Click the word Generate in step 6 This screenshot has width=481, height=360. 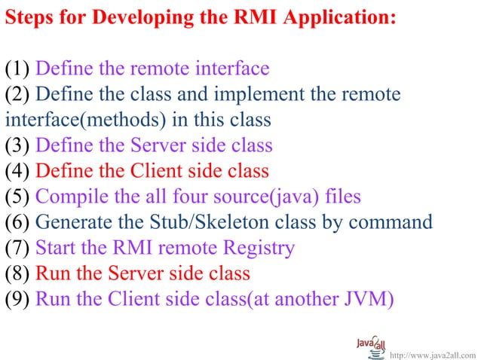[72, 222]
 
